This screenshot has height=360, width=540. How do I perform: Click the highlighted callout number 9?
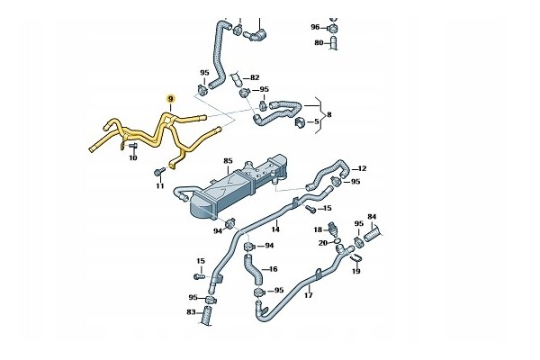coord(170,99)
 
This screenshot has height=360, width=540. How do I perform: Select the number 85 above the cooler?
coord(228,161)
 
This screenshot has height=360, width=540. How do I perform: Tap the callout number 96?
coord(316,27)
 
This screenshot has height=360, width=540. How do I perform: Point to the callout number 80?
coord(319,42)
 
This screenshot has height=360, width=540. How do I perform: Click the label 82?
coord(255,78)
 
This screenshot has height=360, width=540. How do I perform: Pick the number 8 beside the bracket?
coord(328,114)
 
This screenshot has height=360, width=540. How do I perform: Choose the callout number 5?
coord(317,121)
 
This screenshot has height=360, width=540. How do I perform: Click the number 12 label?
coord(363,168)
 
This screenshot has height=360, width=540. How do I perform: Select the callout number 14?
coord(275,229)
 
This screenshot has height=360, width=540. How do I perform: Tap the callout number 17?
coord(309,295)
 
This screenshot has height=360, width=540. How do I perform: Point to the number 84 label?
coord(372,217)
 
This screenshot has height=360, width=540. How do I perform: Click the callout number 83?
coord(191,312)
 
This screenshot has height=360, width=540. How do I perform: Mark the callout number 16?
coord(273,269)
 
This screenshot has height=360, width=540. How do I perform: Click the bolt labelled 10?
coord(133,147)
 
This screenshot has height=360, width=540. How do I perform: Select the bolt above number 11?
coord(160,172)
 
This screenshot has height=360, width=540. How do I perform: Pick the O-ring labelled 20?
coord(337,240)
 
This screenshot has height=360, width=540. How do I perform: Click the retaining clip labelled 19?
coord(355,257)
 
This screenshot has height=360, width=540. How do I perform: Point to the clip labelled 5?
coord(300,122)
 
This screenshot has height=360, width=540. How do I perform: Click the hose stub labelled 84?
coord(373,235)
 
